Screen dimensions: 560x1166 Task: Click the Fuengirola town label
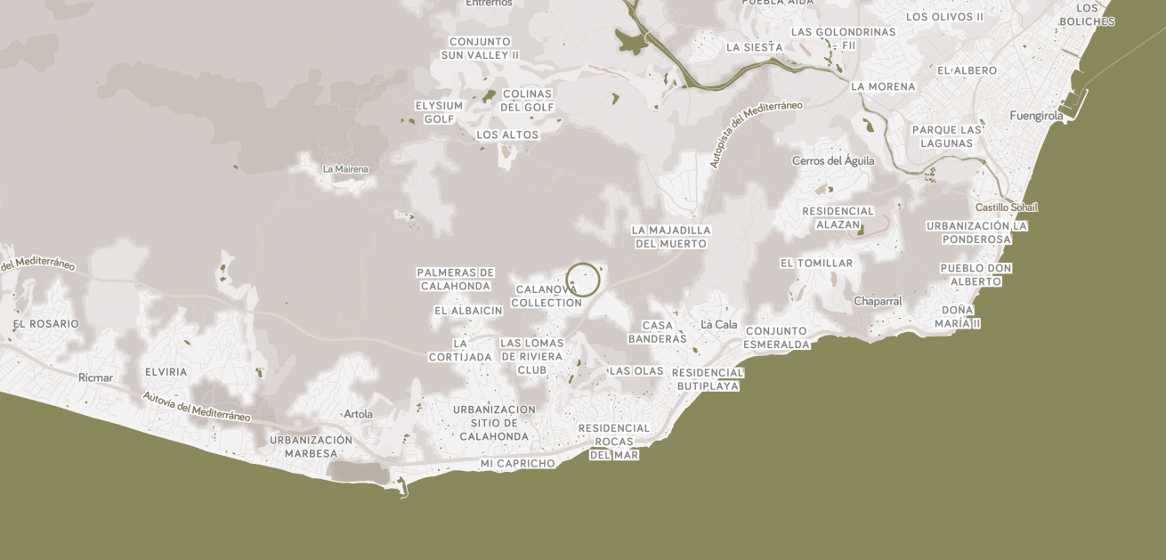tap(1036, 116)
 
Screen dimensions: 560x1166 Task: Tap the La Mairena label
tap(345, 169)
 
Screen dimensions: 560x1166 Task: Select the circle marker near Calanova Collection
tap(583, 280)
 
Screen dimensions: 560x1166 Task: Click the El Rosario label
tap(46, 324)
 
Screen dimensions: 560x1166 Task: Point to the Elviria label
tap(166, 372)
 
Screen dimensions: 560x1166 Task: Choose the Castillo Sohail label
tap(1007, 207)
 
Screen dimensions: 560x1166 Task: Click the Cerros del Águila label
tap(833, 161)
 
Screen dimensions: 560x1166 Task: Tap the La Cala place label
tap(719, 324)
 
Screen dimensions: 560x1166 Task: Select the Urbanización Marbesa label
tap(311, 447)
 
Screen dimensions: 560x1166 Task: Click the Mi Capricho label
tap(517, 464)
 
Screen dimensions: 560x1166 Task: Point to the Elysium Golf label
tap(439, 112)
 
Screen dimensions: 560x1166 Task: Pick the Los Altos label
tap(507, 135)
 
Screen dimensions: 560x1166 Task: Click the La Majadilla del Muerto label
tap(671, 237)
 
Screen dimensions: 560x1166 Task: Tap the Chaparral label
tap(878, 302)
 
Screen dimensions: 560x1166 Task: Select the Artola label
tap(358, 414)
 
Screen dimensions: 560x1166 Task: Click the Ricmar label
tap(95, 377)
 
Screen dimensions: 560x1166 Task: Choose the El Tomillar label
tap(816, 264)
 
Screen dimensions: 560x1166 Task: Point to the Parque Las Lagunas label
tap(946, 136)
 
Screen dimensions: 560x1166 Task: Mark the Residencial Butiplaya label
tap(708, 379)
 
